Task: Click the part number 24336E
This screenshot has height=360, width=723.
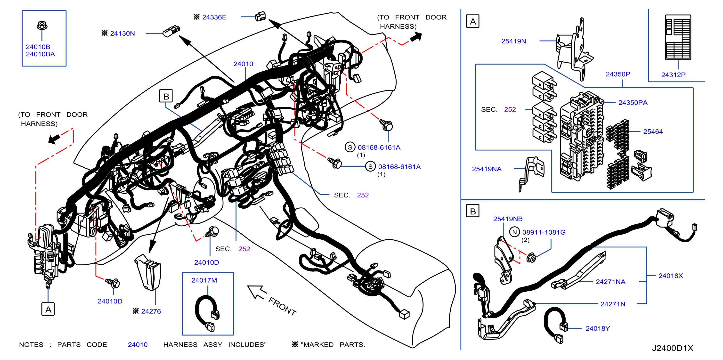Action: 214,17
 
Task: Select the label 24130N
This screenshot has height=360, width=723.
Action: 122,33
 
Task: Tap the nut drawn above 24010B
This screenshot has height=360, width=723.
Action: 42,25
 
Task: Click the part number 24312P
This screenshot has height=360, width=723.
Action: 673,75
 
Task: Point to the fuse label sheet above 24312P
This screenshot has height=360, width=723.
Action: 678,37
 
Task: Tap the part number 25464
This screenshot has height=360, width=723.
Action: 653,132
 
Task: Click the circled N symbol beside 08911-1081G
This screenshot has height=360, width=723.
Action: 514,232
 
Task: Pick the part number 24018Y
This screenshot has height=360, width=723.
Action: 598,328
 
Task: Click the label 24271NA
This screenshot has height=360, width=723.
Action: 610,282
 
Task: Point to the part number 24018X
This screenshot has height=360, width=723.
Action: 671,276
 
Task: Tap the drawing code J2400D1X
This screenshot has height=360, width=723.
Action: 673,348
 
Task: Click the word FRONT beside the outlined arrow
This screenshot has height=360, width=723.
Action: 282,306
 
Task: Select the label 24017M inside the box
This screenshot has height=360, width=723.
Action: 204,280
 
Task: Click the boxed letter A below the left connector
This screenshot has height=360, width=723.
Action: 48,309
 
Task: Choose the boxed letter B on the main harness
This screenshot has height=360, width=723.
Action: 166,96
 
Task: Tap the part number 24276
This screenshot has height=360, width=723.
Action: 151,311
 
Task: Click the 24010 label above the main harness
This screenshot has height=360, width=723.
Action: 243,64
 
